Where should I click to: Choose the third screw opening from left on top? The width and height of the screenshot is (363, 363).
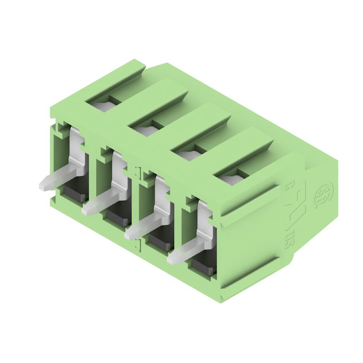pyautogui.click(x=186, y=155)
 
